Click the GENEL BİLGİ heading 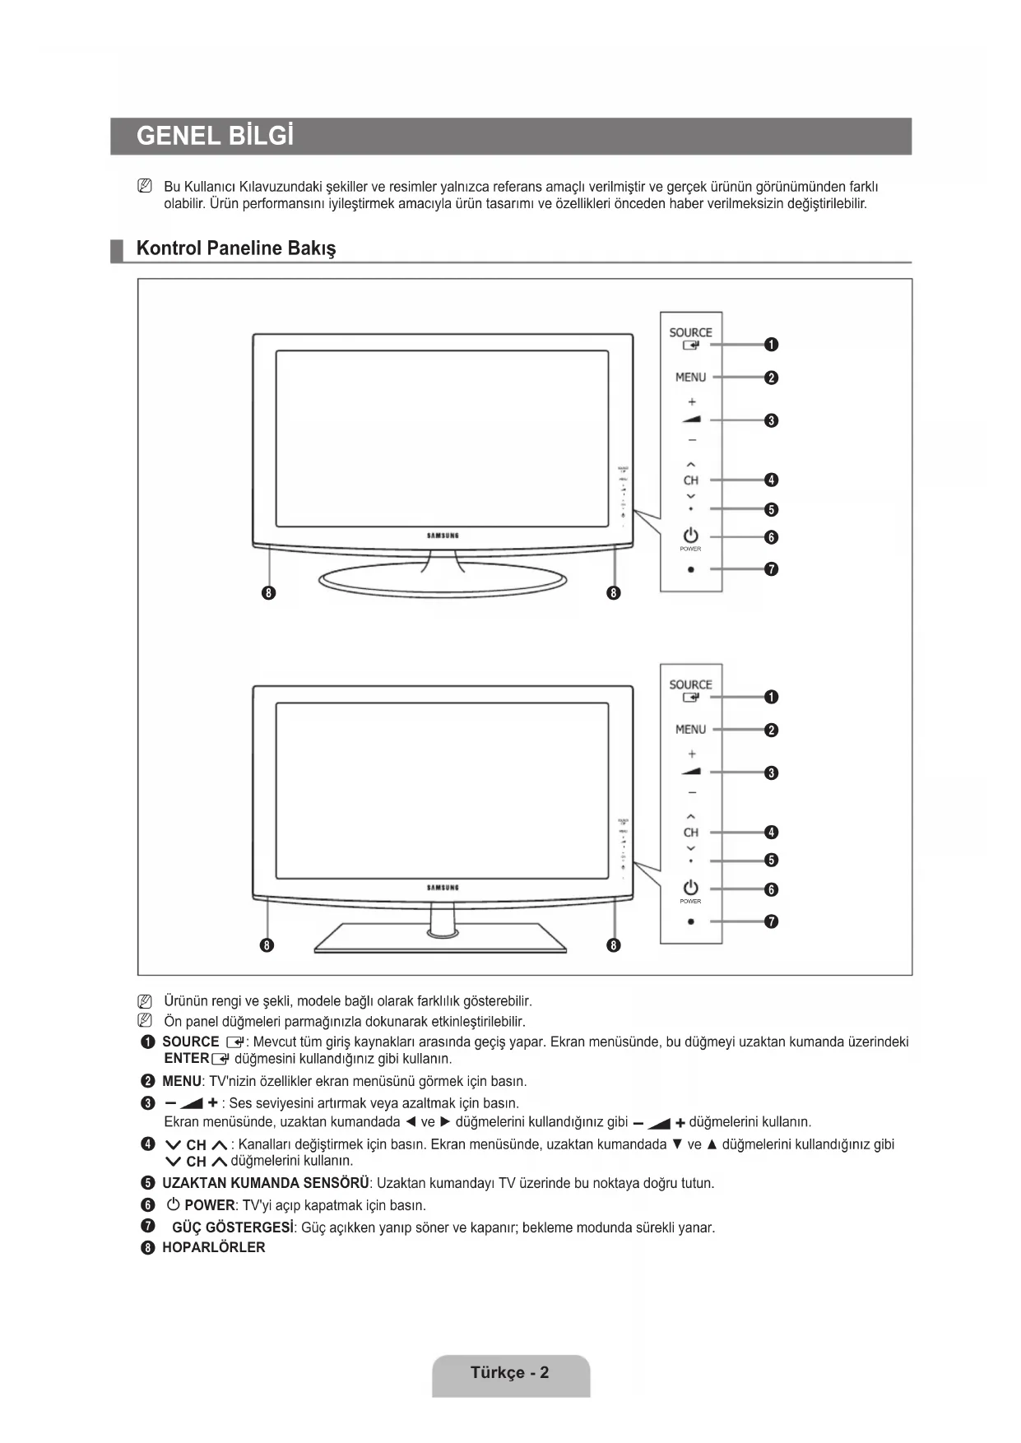215,136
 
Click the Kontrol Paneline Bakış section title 236,248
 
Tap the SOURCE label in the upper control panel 690,332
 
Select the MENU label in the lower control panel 690,730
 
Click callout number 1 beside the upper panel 771,345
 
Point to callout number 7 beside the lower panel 771,921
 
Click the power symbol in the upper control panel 690,535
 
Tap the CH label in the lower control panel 690,833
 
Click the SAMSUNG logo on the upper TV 443,536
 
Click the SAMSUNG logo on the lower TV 443,888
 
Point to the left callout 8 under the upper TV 267,592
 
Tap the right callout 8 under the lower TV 613,944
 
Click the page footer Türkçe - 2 510,1372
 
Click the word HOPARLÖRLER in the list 214,1247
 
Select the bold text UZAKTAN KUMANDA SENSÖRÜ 266,1183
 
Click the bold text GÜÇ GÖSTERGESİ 233,1227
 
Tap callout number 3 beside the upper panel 771,420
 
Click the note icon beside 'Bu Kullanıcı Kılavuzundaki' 145,187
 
